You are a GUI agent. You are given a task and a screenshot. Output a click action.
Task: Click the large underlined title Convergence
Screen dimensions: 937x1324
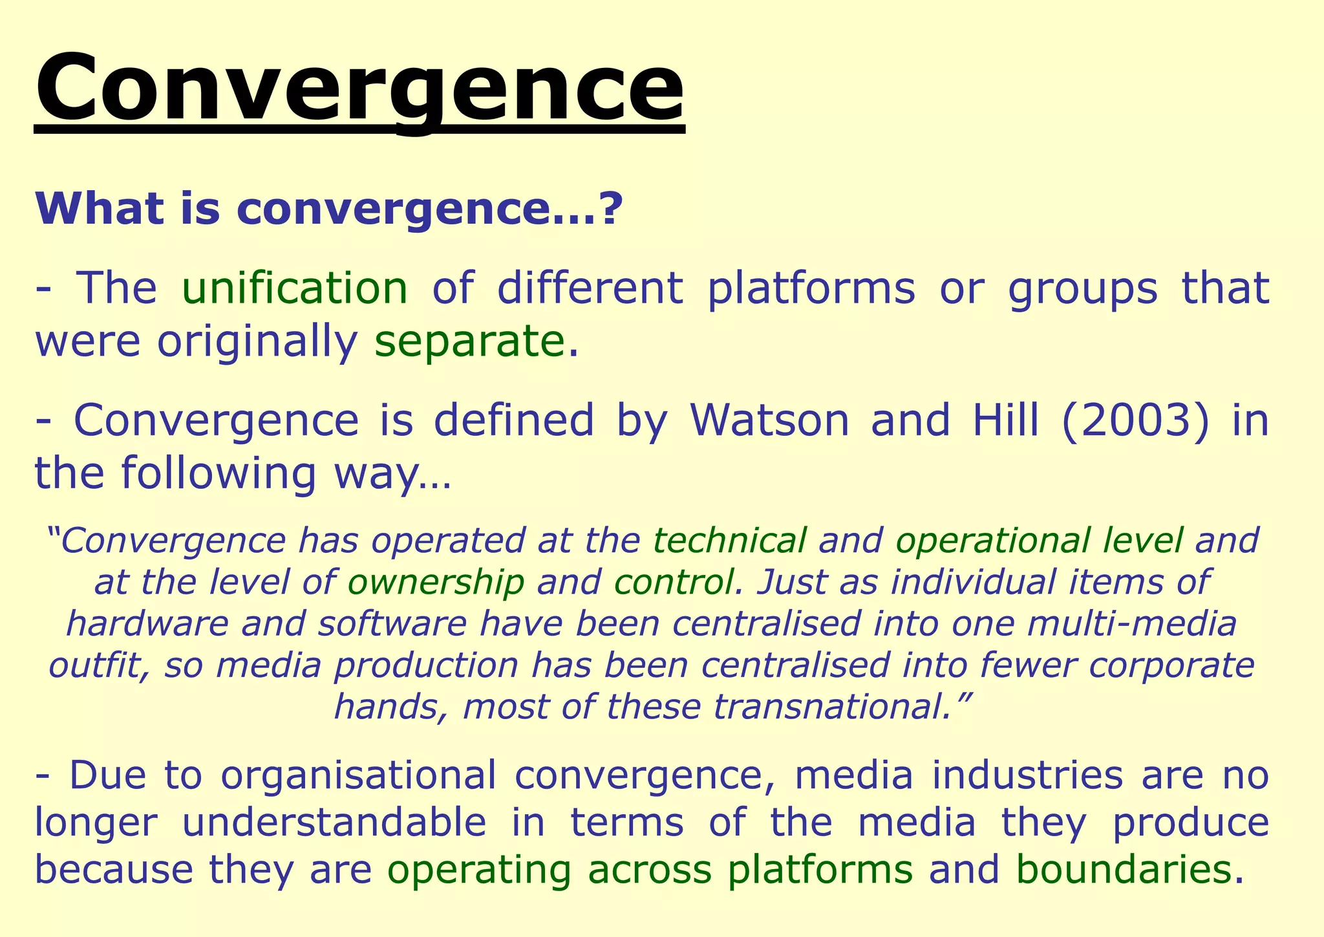coord(359,87)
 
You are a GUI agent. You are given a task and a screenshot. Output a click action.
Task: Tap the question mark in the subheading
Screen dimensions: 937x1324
coord(611,209)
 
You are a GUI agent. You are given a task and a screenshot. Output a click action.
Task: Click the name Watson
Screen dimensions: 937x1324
coord(769,420)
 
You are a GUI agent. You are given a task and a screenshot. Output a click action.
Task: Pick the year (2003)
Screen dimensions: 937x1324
coord(1135,420)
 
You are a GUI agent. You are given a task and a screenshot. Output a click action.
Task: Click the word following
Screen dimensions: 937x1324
coord(219,473)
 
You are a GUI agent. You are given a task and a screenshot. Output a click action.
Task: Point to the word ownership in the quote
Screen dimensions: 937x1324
coord(436,582)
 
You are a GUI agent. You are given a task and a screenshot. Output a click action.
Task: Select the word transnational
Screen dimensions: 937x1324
coord(829,707)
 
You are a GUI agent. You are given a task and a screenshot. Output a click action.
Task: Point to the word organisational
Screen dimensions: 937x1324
coord(359,775)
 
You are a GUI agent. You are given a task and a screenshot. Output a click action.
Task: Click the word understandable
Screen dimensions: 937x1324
coord(335,823)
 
